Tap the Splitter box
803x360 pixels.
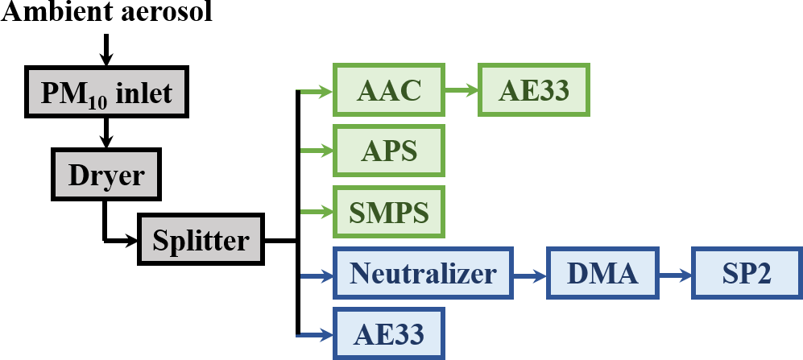click(x=201, y=239)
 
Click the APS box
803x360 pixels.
click(x=388, y=151)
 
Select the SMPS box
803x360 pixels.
click(x=388, y=213)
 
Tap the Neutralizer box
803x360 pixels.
click(x=423, y=275)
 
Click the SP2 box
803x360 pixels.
click(x=746, y=275)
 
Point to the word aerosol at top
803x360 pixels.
click(x=167, y=13)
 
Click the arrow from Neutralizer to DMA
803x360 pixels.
click(x=530, y=275)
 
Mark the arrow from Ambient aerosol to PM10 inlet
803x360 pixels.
click(x=106, y=48)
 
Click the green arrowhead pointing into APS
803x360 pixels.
click(x=327, y=151)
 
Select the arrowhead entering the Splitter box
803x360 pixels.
click(x=131, y=239)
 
